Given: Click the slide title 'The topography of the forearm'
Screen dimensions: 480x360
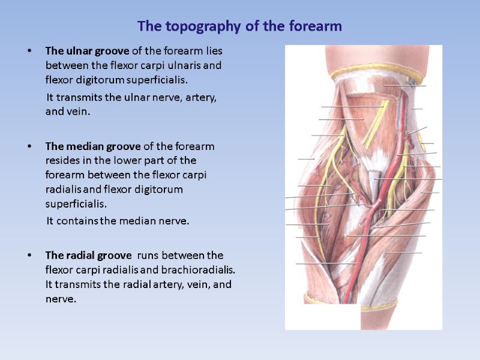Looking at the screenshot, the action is [x=239, y=27].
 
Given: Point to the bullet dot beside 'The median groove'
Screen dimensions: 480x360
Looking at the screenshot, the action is [x=29, y=146].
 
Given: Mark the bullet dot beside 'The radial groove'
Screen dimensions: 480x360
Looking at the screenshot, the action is [x=29, y=256].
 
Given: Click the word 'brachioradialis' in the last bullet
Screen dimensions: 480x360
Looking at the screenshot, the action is [x=203, y=269].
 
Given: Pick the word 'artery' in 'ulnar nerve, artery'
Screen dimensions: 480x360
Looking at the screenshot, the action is [x=201, y=97].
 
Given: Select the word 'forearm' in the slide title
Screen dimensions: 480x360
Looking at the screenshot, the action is [x=319, y=27].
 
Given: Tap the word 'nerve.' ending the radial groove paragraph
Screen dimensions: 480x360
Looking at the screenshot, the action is [x=61, y=298].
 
